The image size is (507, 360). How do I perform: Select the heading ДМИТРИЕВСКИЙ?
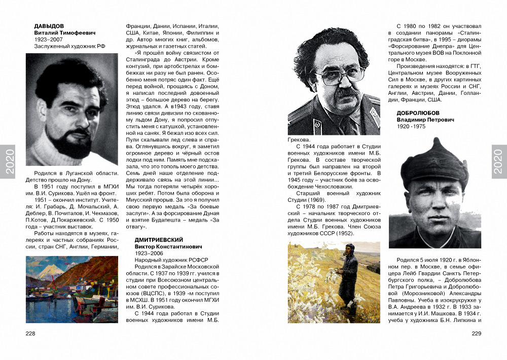tap(158, 239)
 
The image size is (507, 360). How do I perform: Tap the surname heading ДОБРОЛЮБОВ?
tap(418, 113)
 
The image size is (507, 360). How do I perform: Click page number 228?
tap(30, 333)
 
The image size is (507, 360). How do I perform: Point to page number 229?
tap(476, 333)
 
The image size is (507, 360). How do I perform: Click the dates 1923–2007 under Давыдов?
tap(48, 40)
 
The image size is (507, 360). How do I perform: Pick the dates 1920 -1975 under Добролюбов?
tap(411, 126)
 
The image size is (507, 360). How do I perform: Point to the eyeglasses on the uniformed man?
tap(339, 75)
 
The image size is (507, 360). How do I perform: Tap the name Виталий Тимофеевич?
tap(64, 33)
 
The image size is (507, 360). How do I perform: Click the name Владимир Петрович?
tap(425, 120)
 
